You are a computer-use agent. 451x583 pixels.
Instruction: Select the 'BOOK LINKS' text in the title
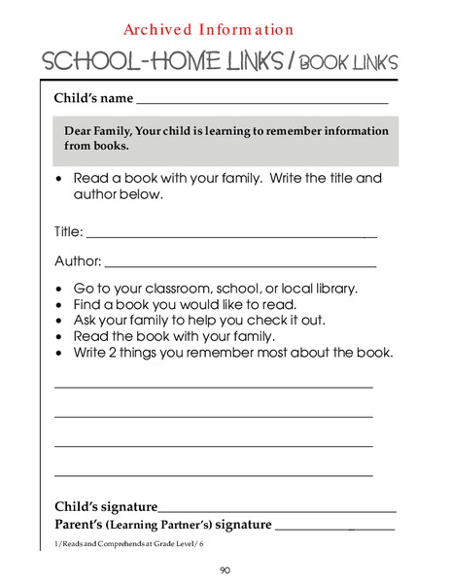(348, 63)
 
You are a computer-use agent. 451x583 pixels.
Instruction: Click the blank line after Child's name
(262, 101)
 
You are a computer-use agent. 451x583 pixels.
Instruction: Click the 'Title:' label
(68, 232)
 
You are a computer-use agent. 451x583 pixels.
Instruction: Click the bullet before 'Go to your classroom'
(61, 290)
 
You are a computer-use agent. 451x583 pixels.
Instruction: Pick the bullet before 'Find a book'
(61, 305)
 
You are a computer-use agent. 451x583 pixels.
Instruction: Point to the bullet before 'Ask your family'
(61, 321)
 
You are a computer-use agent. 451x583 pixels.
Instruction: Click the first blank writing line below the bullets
(213, 388)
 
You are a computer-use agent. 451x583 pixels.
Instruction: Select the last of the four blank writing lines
(213, 475)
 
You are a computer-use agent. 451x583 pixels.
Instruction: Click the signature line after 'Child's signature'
(277, 510)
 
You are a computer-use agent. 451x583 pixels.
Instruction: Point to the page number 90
(225, 569)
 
